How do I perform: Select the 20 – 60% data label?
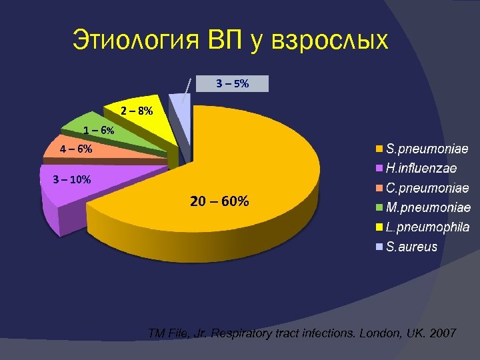(220, 201)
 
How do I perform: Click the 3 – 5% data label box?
(233, 84)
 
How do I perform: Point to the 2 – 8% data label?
(137, 110)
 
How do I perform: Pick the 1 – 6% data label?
(99, 131)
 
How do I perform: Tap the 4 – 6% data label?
(76, 149)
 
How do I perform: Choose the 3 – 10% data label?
(72, 179)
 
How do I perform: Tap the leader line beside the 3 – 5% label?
(188, 90)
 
